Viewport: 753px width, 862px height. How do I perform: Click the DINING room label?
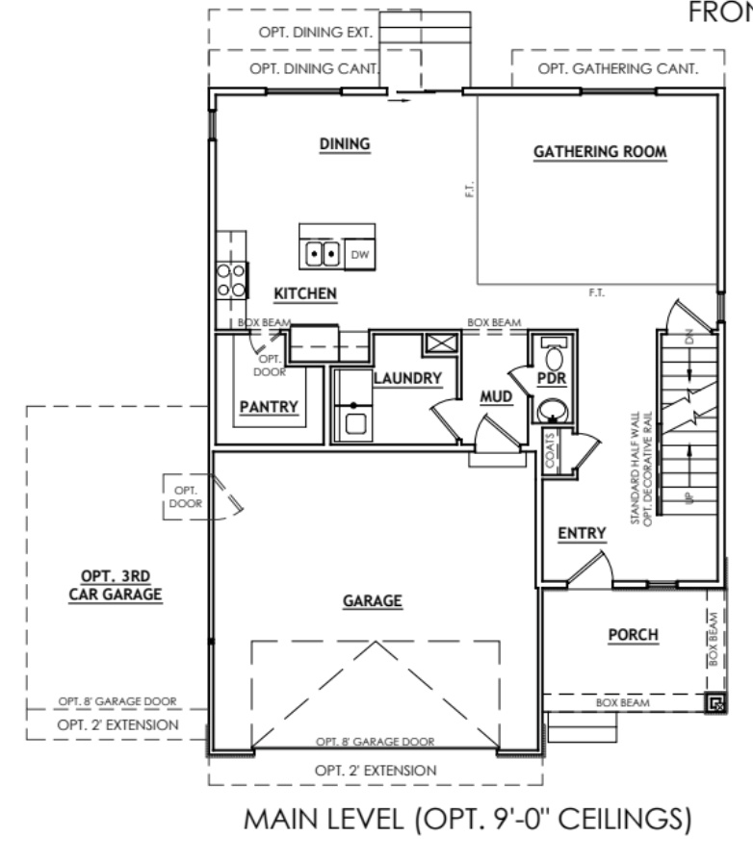click(345, 144)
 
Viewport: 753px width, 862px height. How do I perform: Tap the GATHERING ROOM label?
click(600, 152)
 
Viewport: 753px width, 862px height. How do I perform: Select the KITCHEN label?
click(304, 292)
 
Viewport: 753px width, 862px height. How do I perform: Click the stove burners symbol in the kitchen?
click(232, 279)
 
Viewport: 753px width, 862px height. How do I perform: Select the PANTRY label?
click(269, 406)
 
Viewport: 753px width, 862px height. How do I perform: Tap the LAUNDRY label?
click(406, 378)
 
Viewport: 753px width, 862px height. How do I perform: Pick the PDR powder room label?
click(551, 378)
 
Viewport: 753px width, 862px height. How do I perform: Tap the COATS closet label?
click(550, 450)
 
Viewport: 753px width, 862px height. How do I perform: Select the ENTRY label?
click(581, 533)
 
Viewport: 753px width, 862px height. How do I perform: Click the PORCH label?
click(633, 635)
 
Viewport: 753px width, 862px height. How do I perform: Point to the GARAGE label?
click(372, 601)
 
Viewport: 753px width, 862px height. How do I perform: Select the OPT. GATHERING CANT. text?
click(604, 69)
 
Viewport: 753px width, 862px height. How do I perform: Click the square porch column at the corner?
click(714, 704)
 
